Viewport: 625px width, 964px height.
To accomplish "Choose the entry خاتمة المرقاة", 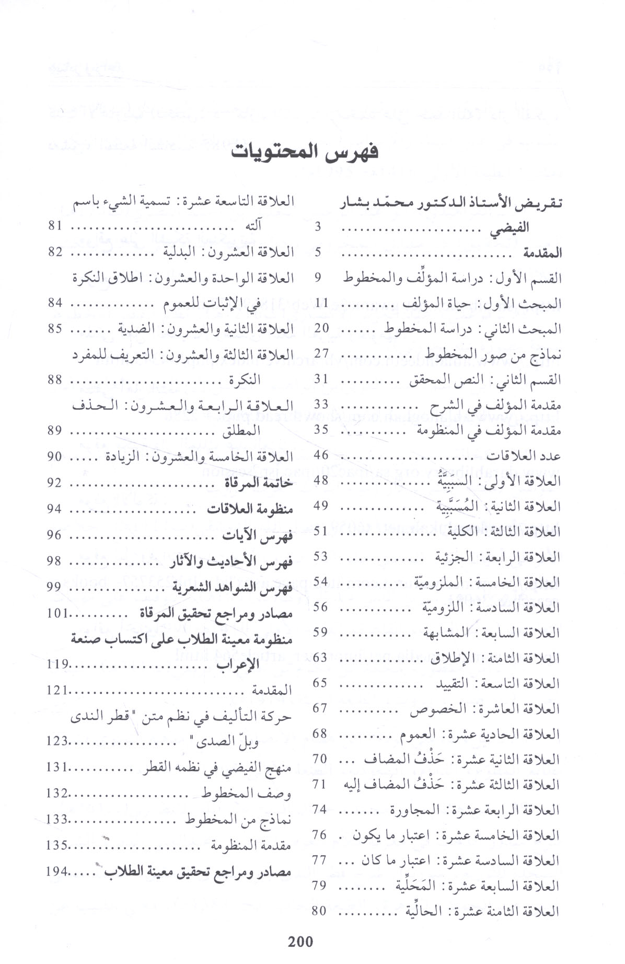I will [x=260, y=483].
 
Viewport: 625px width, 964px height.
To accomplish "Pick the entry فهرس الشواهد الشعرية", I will [x=232, y=587].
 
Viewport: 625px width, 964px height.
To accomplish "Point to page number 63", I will [x=320, y=657].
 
